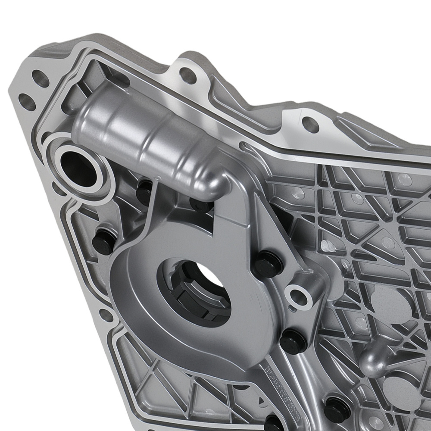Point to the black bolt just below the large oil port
click(144, 191)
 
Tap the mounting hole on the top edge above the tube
click(188, 76)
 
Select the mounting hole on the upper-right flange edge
click(310, 124)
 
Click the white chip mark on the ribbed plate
click(328, 246)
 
